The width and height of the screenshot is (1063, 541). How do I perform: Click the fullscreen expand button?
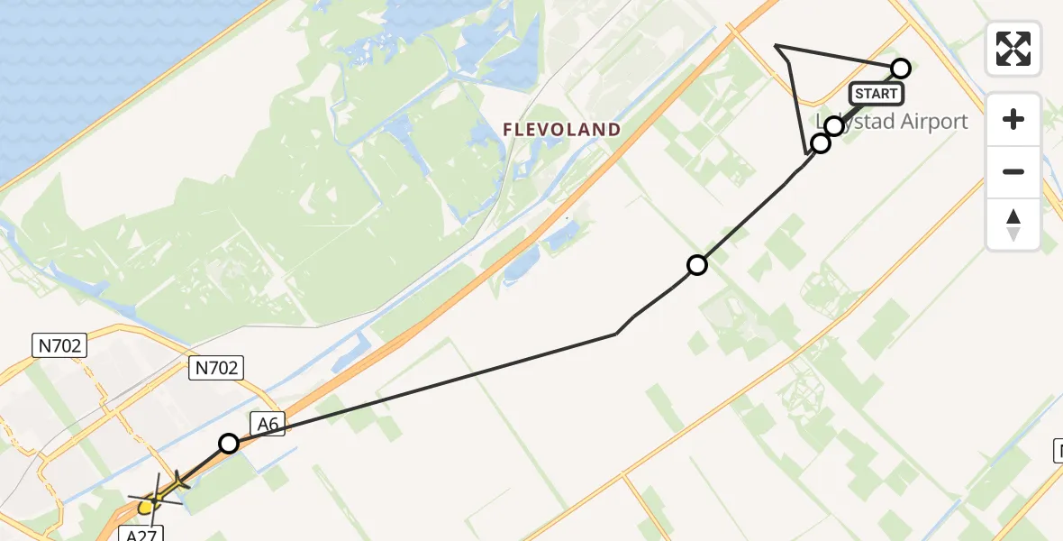pyautogui.click(x=1013, y=49)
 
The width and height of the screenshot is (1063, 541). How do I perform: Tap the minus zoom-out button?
pyautogui.click(x=1013, y=171)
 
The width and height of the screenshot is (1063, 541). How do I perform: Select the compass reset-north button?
pyautogui.click(x=1013, y=224)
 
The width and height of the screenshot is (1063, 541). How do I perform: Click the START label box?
pyautogui.click(x=876, y=94)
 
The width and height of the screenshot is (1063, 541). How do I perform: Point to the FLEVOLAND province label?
pyautogui.click(x=561, y=130)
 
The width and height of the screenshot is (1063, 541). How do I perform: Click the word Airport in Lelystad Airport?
pyautogui.click(x=924, y=122)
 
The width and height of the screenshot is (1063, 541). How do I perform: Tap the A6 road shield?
pyautogui.click(x=268, y=422)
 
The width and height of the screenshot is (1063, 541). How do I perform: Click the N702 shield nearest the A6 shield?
pyautogui.click(x=216, y=367)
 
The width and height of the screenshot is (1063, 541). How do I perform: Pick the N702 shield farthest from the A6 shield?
pyautogui.click(x=59, y=344)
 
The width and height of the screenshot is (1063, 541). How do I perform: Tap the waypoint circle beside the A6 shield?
pyautogui.click(x=229, y=444)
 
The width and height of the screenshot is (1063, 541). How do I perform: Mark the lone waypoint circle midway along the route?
pyautogui.click(x=697, y=265)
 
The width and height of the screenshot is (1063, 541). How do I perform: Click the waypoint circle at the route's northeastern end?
pyautogui.click(x=901, y=69)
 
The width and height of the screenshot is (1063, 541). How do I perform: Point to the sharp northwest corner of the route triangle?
pyautogui.click(x=776, y=45)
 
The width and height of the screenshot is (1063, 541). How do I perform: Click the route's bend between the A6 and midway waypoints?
pyautogui.click(x=616, y=334)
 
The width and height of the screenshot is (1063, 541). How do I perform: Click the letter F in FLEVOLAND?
pyautogui.click(x=508, y=130)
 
